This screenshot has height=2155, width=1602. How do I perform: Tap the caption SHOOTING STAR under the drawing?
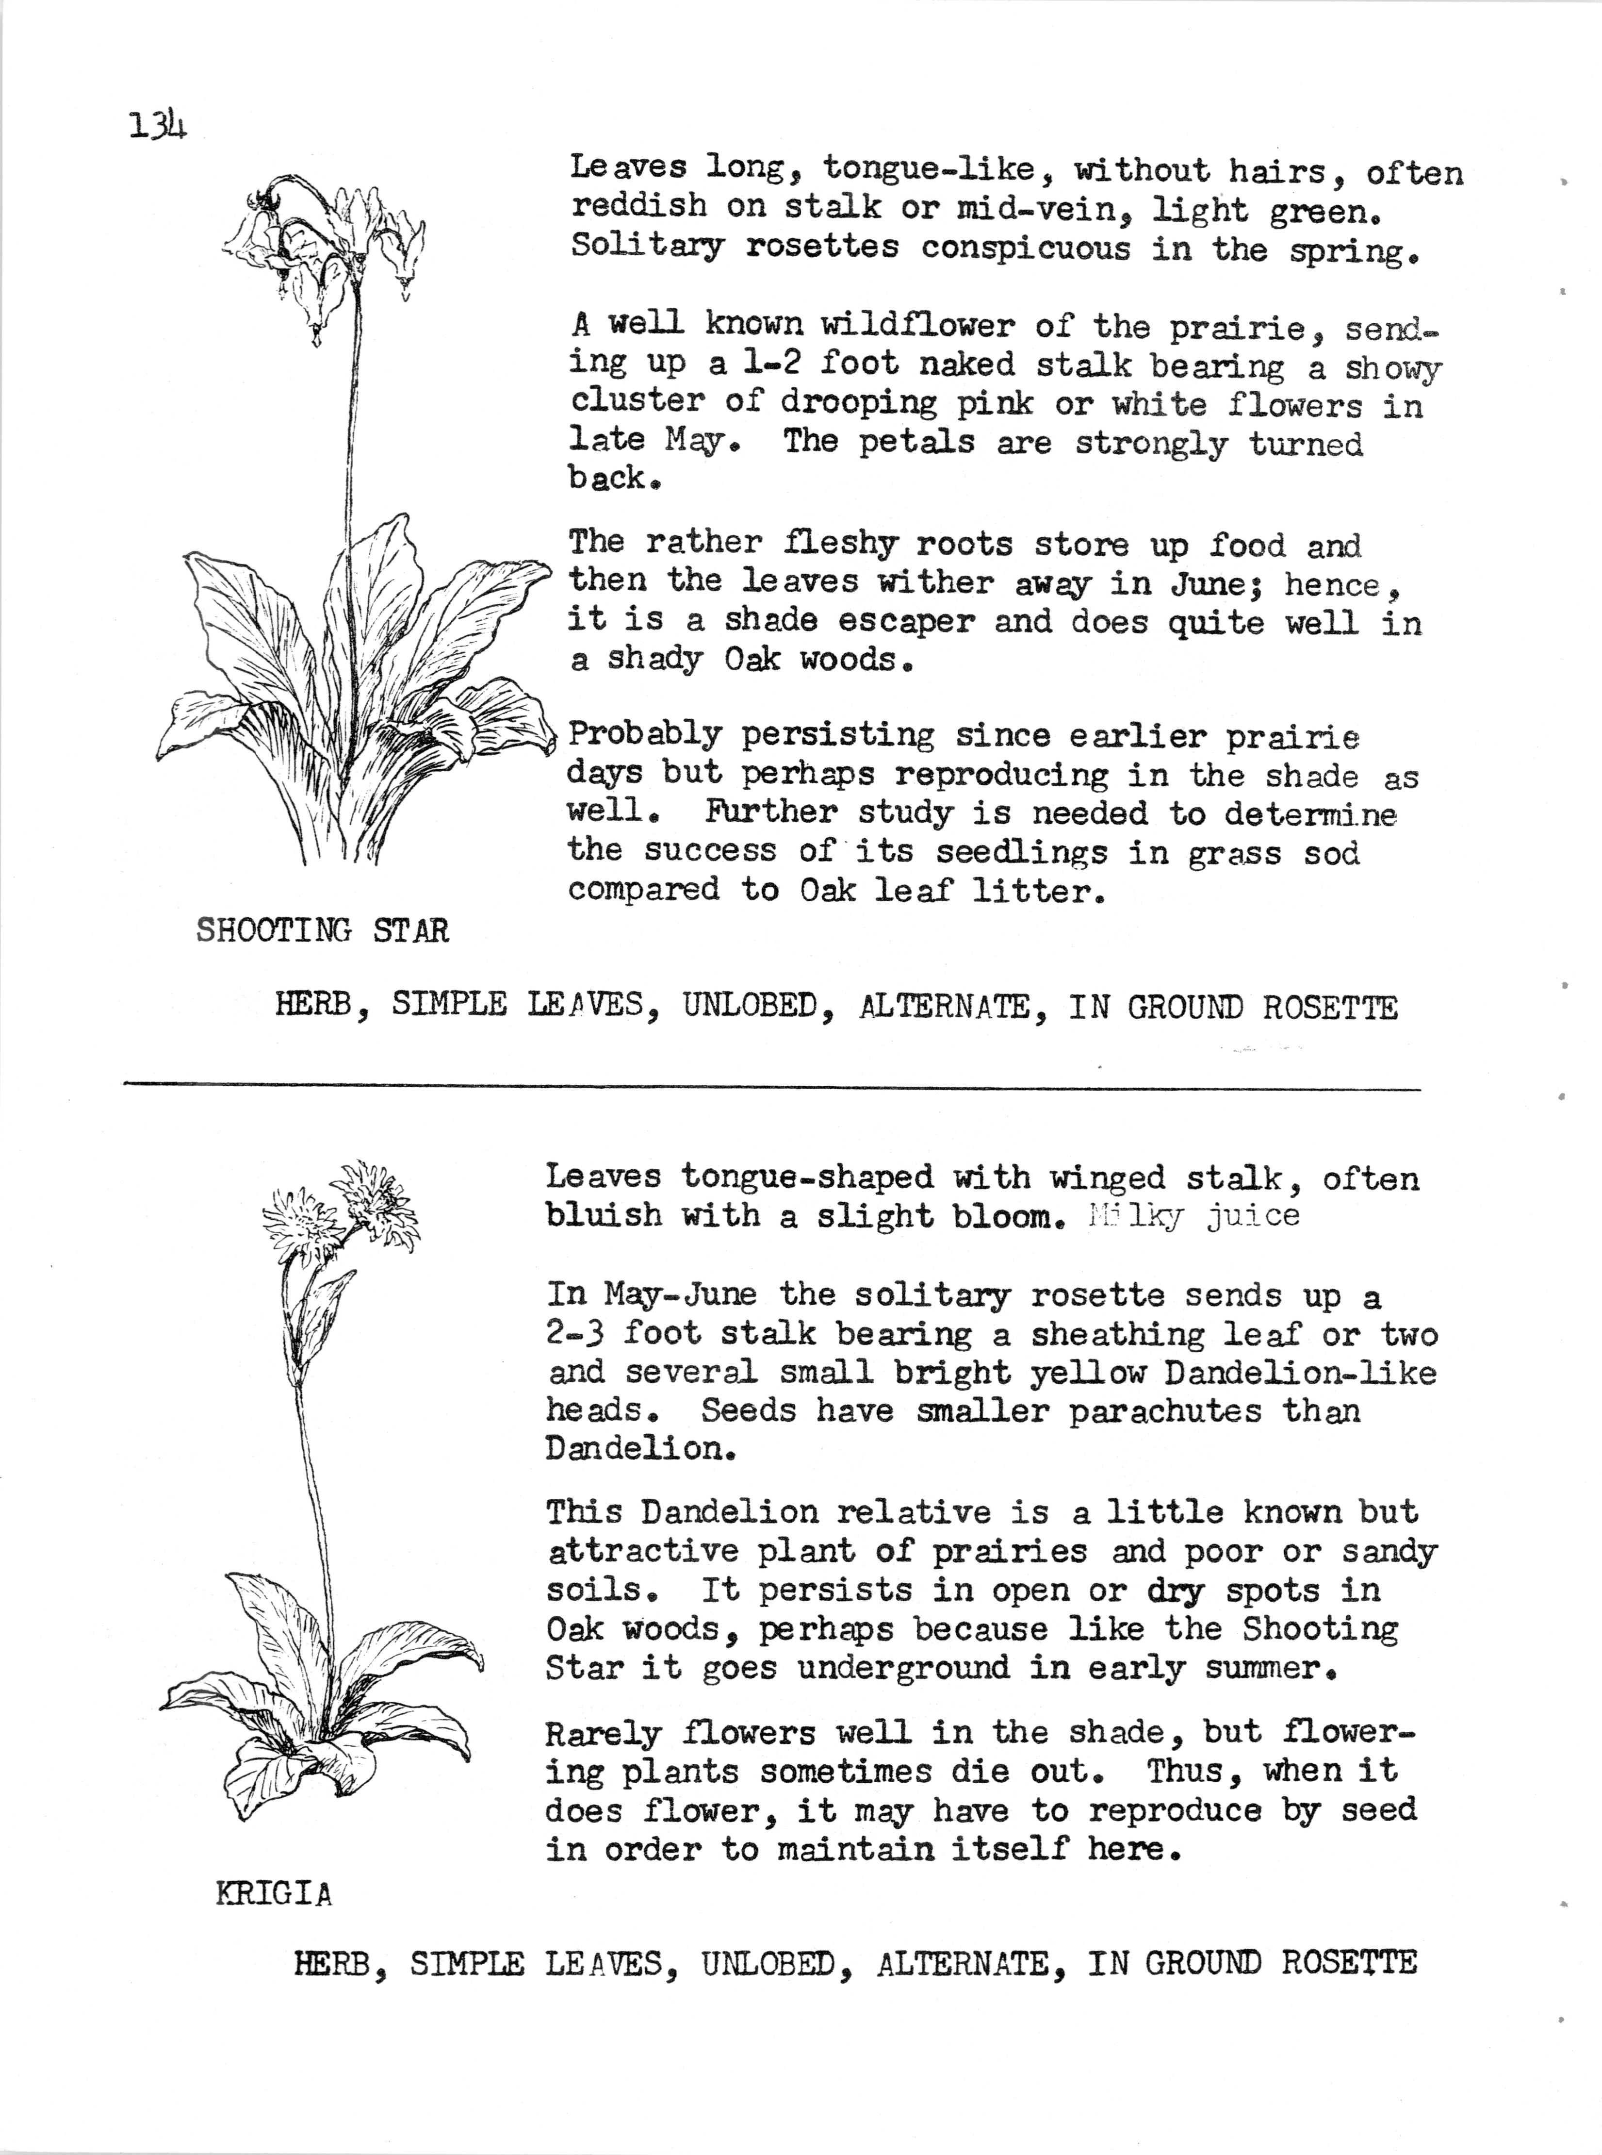pos(322,931)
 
